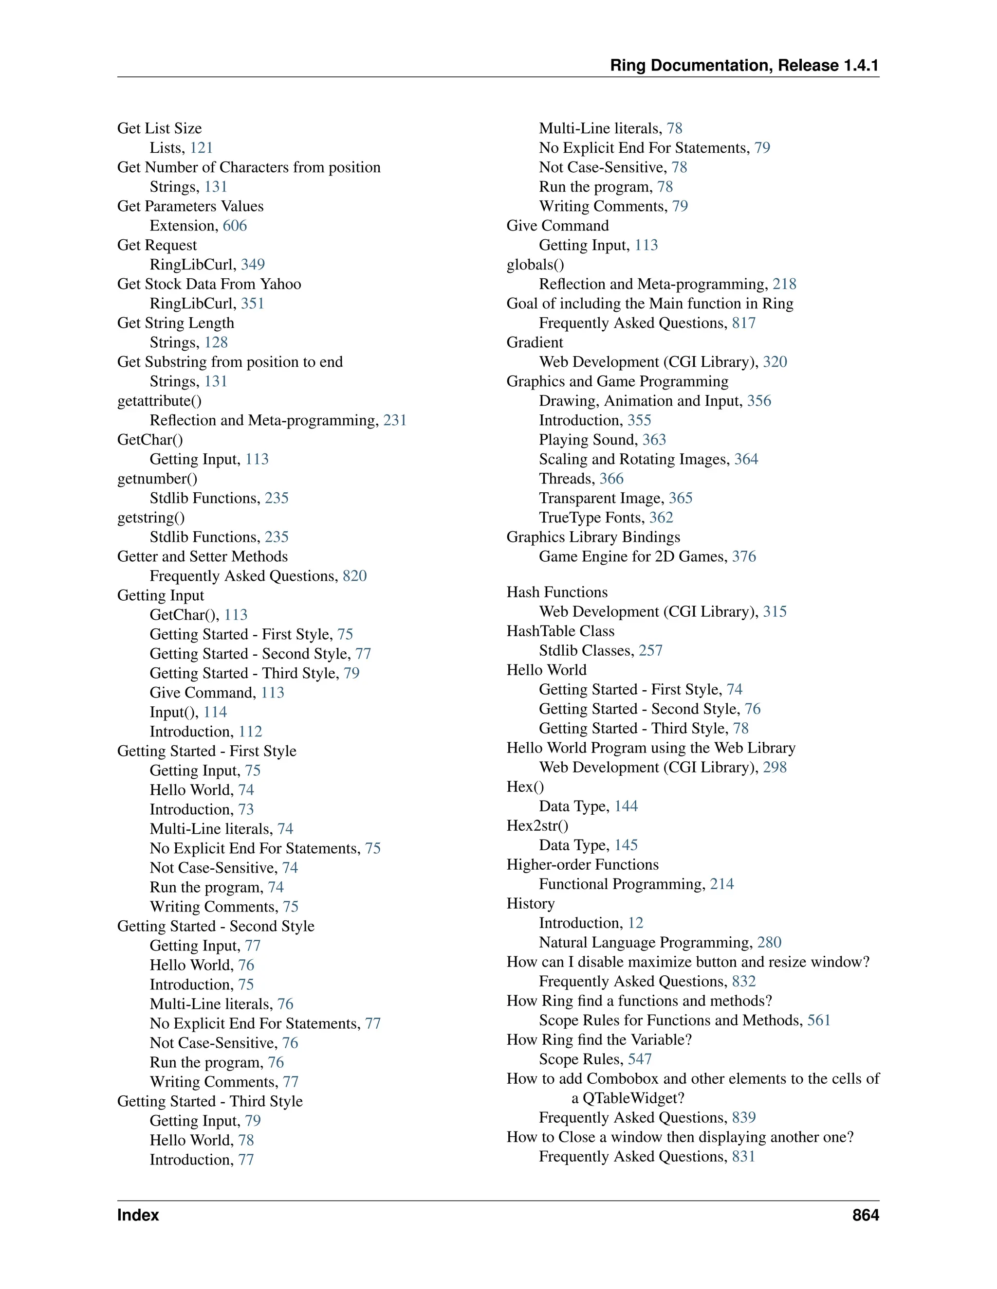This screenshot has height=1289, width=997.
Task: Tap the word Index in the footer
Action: coord(138,1215)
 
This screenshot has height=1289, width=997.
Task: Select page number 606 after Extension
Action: coord(235,226)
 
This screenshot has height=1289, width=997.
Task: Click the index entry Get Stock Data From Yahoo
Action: coord(209,284)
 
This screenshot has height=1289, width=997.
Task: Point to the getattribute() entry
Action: coord(160,401)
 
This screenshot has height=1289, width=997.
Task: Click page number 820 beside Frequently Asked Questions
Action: coord(354,575)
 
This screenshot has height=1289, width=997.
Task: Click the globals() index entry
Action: coord(535,265)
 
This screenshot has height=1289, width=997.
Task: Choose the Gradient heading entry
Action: coord(535,342)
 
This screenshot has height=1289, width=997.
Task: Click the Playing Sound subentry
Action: coord(588,440)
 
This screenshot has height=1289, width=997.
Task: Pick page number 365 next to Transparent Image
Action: coord(681,498)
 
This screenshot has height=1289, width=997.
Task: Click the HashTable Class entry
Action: coord(560,631)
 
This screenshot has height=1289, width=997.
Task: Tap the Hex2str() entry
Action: coord(537,826)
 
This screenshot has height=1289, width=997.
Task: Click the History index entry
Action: coord(531,904)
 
